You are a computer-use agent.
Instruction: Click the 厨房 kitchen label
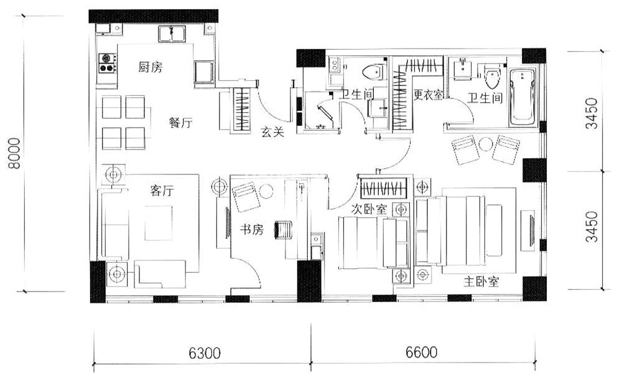pos(151,67)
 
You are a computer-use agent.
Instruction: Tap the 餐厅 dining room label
pos(180,123)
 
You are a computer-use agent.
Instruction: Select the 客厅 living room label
pos(162,191)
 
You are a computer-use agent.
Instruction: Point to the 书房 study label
pos(252,229)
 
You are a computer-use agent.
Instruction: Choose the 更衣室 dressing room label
pos(428,95)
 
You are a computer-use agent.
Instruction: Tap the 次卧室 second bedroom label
pos(369,209)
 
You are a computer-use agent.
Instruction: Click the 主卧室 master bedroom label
pos(481,282)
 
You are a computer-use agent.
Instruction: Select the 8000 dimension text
pos(14,153)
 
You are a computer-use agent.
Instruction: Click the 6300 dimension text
pos(205,353)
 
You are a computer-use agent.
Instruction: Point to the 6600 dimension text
pos(421,352)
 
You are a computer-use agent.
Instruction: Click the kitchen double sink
pos(172,34)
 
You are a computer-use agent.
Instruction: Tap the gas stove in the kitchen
pos(108,64)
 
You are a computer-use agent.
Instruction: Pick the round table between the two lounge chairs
pos(486,144)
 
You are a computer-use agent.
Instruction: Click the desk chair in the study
pos(284,229)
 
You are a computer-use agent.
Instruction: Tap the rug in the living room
pos(159,223)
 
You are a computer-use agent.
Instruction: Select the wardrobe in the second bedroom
pos(383,189)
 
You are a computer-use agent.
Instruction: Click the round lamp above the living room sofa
pos(113,174)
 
